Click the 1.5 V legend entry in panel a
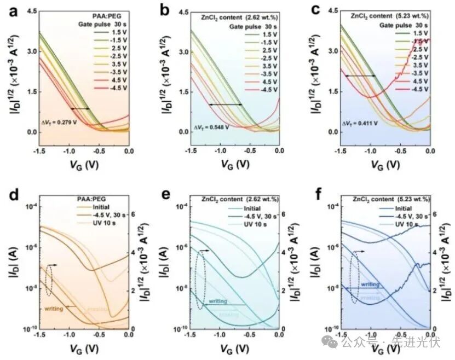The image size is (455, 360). pyautogui.click(x=101, y=32)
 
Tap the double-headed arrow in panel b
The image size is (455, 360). pyautogui.click(x=225, y=104)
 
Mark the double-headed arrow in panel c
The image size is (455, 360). pyautogui.click(x=360, y=76)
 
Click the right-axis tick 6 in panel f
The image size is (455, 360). pyautogui.click(x=435, y=214)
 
